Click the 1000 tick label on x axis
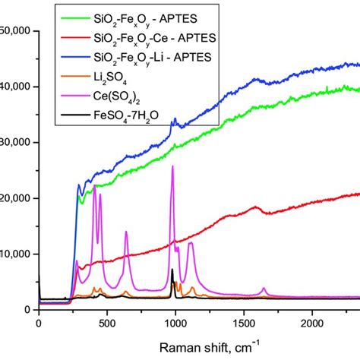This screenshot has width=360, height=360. pos(175,323)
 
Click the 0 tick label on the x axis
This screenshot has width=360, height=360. pos(39,323)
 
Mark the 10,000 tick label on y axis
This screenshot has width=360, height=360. pos(15,254)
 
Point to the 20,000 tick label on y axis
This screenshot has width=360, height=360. pos(15,198)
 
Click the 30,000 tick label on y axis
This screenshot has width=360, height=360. pos(15,142)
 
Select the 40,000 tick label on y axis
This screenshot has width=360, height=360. pos(15,87)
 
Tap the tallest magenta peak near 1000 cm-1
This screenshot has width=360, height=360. pos(172,166)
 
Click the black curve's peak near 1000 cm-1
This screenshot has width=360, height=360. pos(172,270)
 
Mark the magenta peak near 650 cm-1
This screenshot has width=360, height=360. pos(126,232)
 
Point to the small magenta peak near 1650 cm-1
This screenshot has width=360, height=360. pos(264,289)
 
